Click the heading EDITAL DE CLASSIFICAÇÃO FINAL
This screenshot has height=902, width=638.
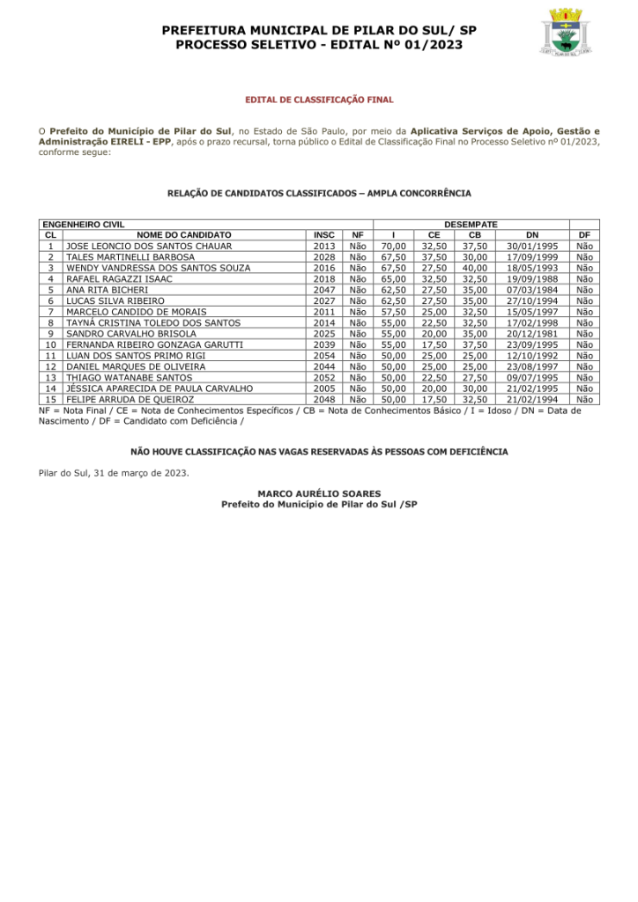pos(319,100)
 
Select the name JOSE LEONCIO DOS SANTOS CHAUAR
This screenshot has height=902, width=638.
pos(149,246)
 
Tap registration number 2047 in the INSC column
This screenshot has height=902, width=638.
pos(324,290)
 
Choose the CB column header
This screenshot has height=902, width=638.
pos(474,235)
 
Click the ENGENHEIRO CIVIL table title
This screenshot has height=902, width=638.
pos(84,225)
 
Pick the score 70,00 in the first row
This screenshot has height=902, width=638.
pos(394,246)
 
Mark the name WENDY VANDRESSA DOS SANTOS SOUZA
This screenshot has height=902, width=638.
pos(159,268)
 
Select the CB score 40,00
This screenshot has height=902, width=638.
pos(474,268)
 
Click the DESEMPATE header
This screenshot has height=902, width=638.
pos(471,225)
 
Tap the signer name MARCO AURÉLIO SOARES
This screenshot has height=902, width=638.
pos(319,493)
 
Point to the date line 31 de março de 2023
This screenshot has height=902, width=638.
pos(113,473)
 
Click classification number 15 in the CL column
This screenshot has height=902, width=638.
pos(51,399)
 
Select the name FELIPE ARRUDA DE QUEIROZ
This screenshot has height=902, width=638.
pos(130,399)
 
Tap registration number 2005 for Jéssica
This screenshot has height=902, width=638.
pos(324,388)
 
